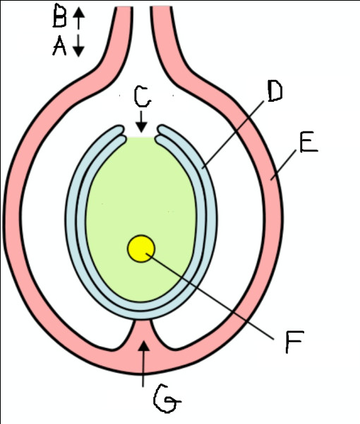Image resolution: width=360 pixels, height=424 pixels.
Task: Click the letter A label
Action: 59,47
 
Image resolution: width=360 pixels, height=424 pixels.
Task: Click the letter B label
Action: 59,16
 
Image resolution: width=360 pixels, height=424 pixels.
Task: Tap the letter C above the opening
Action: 143,97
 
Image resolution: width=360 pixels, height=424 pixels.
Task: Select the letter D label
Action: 275,91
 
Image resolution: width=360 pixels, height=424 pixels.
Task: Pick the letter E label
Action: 309,142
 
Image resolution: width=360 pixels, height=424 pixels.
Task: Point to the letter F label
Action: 294,341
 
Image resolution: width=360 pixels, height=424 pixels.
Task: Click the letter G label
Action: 167,399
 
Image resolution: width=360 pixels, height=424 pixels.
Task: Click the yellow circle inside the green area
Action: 141,249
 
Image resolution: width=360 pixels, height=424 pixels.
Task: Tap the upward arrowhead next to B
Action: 78,13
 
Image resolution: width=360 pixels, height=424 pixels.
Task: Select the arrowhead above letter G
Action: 144,346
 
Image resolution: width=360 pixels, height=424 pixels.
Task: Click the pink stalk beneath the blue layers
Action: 143,334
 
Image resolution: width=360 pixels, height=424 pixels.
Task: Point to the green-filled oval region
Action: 140,211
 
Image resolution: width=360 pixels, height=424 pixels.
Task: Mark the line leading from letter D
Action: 234,134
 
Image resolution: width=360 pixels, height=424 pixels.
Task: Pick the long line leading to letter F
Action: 210,296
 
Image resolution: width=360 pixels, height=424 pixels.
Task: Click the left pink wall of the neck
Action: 119,46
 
